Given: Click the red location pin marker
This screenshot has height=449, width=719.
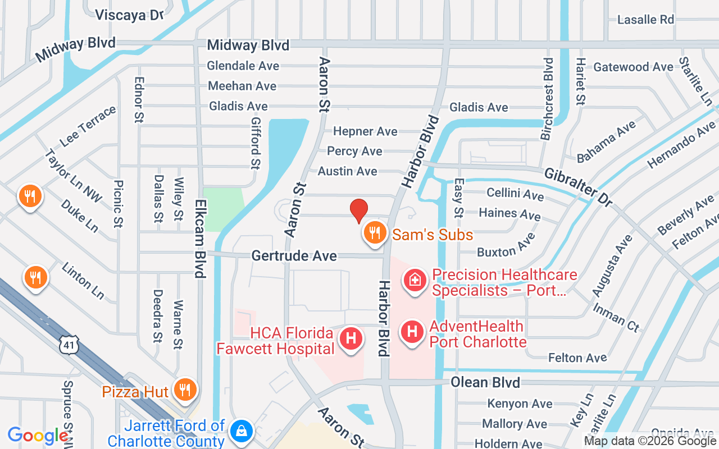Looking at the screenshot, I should (x=359, y=211).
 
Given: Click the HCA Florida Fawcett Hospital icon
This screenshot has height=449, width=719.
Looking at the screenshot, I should (x=352, y=338).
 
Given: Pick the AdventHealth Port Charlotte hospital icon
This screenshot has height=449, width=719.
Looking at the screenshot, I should (x=412, y=331).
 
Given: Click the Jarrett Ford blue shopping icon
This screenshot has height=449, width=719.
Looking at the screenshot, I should (x=241, y=430).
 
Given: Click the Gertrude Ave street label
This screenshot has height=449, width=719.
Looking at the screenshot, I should (x=294, y=256).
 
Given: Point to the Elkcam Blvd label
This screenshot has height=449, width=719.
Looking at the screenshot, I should (x=199, y=239).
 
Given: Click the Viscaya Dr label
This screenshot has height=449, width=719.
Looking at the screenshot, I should (x=129, y=15).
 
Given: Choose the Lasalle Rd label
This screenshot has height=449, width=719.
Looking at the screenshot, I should (x=645, y=20).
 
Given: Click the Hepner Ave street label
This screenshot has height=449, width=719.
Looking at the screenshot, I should (x=365, y=131).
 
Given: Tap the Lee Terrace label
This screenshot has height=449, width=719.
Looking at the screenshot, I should (x=88, y=127).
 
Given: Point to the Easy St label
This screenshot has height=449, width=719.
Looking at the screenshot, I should (x=459, y=198).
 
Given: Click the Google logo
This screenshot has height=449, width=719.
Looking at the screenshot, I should (x=38, y=436).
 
